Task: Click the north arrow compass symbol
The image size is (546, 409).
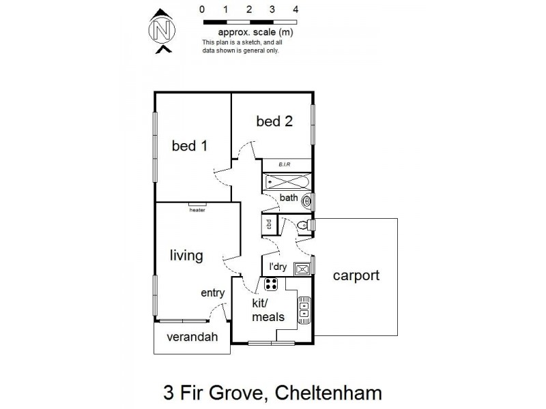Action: coord(162,31)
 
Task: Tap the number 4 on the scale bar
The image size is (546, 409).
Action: coord(296,10)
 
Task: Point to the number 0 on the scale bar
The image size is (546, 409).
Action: coord(202,10)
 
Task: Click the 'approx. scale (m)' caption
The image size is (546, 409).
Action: coord(255,32)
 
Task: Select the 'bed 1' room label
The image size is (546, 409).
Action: coord(189,145)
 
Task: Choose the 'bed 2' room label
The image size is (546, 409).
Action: coord(274,121)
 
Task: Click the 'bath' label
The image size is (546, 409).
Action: coord(289,198)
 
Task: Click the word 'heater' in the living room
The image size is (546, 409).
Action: coord(197,210)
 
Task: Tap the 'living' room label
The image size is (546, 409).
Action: coord(186,256)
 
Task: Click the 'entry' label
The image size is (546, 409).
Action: coord(212,293)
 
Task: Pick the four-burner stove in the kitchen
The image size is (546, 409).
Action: coord(271,284)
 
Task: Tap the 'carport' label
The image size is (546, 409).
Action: coord(356,276)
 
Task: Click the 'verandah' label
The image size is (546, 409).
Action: coord(190,336)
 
